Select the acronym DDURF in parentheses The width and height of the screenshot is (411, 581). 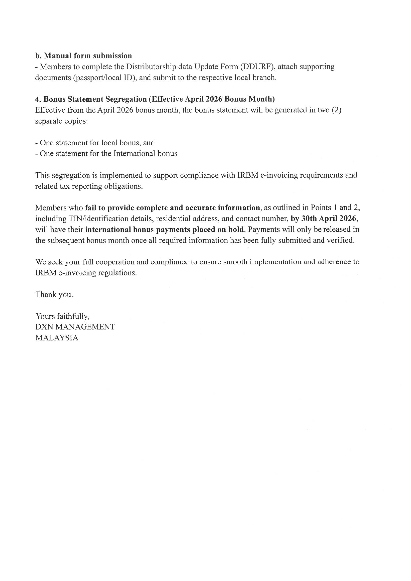tap(258, 67)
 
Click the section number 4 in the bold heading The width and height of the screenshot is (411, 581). tap(37, 99)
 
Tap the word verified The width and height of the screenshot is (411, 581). tap(341, 240)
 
